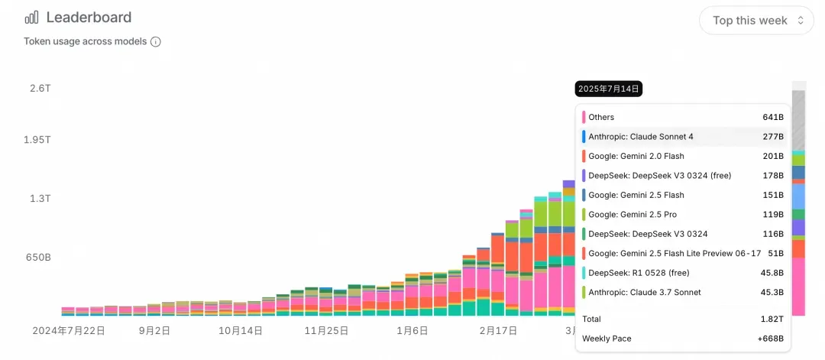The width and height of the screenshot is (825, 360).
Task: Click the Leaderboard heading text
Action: tap(89, 18)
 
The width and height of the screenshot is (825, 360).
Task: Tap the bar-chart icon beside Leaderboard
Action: tap(31, 18)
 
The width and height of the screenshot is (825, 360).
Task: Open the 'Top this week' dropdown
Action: tap(756, 21)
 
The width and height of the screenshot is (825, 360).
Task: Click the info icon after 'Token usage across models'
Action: tap(156, 42)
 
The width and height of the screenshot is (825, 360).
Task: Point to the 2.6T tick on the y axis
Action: tap(40, 88)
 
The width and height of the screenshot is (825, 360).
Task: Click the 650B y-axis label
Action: tap(37, 258)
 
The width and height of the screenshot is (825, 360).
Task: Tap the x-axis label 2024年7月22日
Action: tap(69, 331)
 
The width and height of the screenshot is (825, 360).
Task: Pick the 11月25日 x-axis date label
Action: tap(326, 331)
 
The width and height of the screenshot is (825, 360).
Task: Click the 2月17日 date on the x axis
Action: tap(498, 331)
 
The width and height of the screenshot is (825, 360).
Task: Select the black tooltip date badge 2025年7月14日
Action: tap(609, 89)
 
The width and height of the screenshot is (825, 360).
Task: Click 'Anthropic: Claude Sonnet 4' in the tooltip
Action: tap(641, 137)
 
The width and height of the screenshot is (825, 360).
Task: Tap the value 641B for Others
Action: tap(773, 117)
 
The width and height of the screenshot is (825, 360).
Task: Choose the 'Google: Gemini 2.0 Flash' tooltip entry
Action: tap(636, 156)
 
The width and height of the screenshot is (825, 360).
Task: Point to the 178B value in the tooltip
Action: tap(773, 176)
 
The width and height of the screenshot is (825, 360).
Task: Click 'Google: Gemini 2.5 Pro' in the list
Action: tap(632, 215)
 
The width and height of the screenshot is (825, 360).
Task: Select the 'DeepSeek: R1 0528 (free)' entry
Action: tap(637, 273)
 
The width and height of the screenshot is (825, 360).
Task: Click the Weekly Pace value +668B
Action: tap(770, 339)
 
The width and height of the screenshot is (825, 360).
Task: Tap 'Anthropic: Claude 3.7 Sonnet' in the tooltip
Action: tap(645, 292)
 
